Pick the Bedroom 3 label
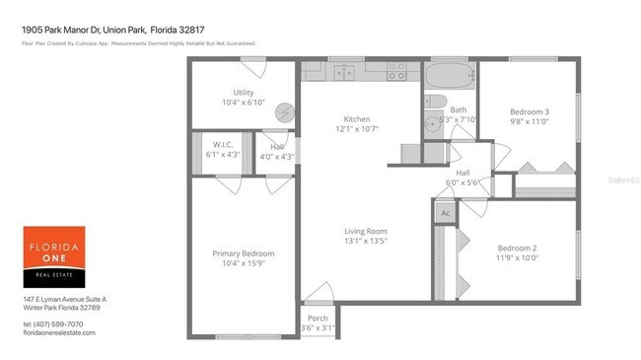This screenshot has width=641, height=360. click(530, 111)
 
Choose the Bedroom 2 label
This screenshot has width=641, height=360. click(517, 247)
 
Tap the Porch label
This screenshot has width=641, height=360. click(318, 319)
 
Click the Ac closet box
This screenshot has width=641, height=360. click(445, 213)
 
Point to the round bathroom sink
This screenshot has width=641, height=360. click(432, 124)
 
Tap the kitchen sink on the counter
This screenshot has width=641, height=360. click(344, 72)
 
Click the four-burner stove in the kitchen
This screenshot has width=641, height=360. click(396, 72)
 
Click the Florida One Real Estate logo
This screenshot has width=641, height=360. click(54, 256)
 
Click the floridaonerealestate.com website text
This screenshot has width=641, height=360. click(60, 333)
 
